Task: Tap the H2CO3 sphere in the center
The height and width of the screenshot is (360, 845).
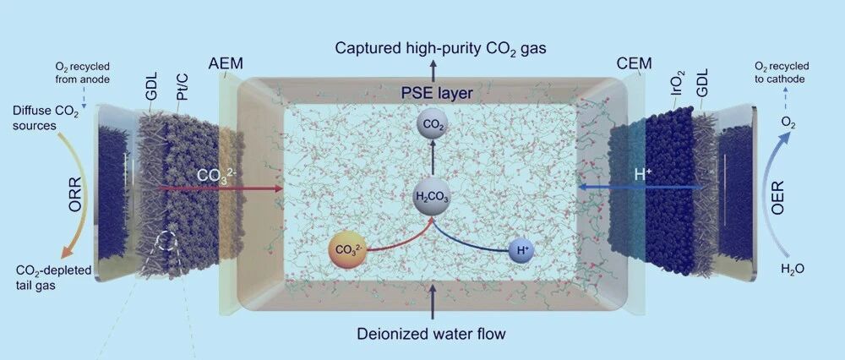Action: [x=431, y=198]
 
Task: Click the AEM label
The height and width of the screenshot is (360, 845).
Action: [x=226, y=63]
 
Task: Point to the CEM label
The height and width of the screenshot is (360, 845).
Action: [x=635, y=63]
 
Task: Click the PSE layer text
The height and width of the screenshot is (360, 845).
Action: [x=437, y=93]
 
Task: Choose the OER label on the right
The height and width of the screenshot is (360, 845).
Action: [x=777, y=198]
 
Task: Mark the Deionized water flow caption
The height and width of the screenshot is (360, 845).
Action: [x=431, y=334]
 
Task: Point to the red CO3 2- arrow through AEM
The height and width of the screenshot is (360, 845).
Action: [x=221, y=188]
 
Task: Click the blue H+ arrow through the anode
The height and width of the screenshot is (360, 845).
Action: [x=640, y=187]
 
